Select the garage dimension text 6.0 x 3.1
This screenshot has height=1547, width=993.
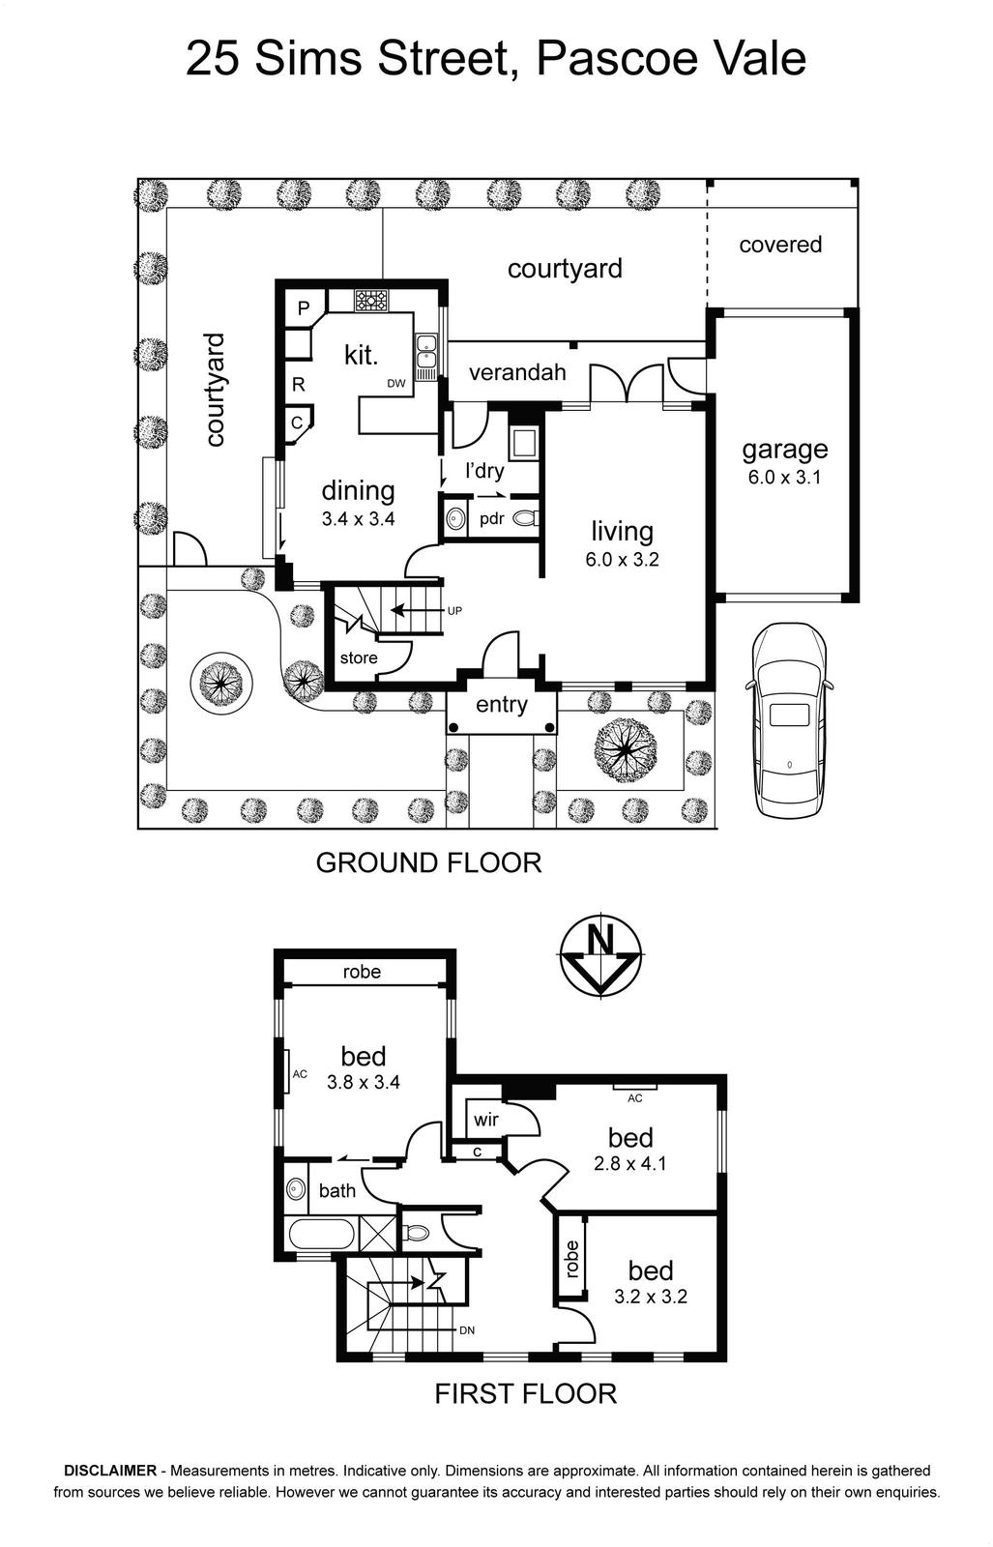784,477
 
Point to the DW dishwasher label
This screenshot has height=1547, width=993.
396,383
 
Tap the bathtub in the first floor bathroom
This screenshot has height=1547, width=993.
322,1232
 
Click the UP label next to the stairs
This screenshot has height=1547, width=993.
454,610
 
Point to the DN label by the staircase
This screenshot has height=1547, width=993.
467,1330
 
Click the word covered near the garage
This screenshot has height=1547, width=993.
780,245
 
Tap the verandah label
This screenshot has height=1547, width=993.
517,372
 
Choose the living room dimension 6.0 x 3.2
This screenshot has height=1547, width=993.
622,559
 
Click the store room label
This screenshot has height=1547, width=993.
359,657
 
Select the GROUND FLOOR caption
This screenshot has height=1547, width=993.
428,862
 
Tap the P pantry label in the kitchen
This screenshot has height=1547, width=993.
304,308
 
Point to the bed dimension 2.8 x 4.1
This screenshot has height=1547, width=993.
629,1164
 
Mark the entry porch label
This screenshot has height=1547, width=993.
501,705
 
